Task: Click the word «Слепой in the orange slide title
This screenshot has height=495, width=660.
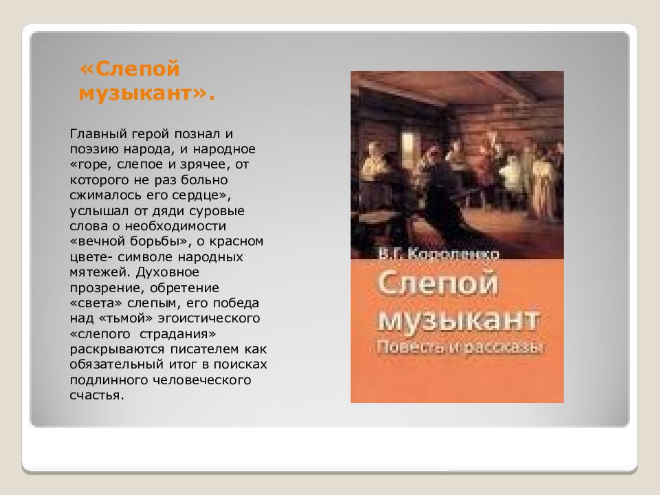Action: coord(130,69)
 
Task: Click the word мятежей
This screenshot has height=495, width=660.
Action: coord(96,272)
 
